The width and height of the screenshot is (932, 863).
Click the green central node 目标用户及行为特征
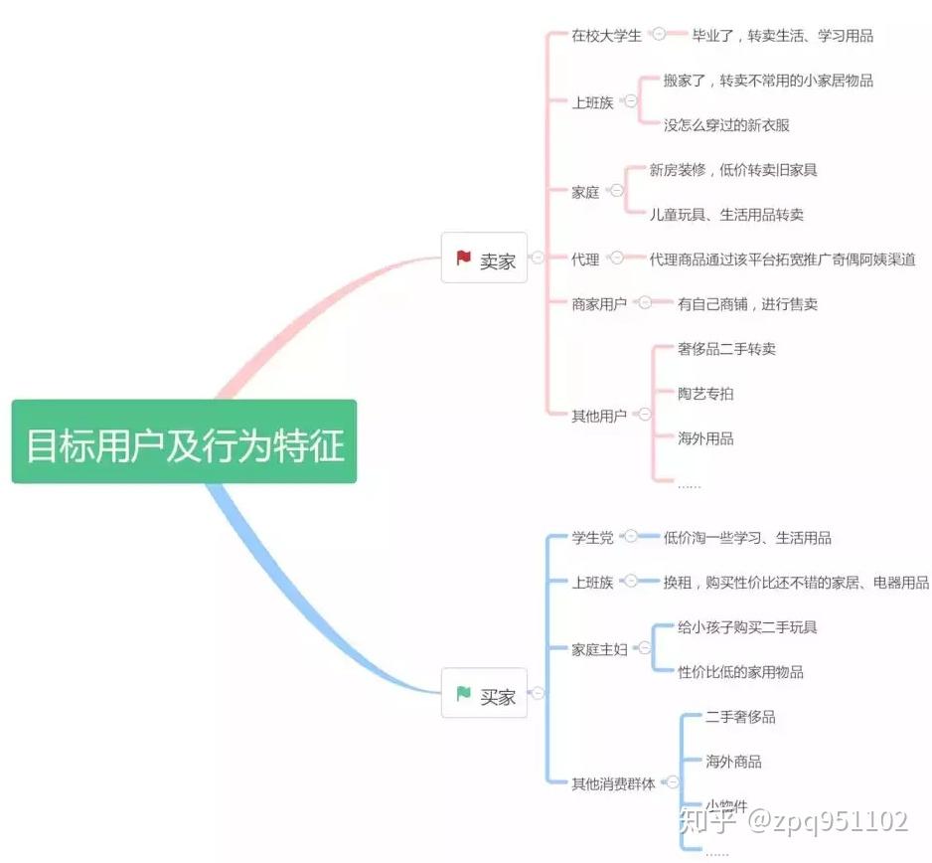pyautogui.click(x=184, y=441)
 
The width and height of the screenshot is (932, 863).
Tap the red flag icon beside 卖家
pyautogui.click(x=463, y=259)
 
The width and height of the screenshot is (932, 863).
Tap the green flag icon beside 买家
pyautogui.click(x=463, y=694)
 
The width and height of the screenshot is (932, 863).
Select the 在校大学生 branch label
pyautogui.click(x=606, y=36)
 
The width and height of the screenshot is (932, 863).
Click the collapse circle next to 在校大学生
pyautogui.click(x=659, y=34)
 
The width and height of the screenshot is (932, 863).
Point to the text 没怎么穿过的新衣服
pyautogui.click(x=726, y=125)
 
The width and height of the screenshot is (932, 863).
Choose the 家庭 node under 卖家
pyautogui.click(x=585, y=192)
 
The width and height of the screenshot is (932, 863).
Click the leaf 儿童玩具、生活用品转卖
pyautogui.click(x=726, y=214)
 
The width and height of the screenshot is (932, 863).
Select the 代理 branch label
pyautogui.click(x=585, y=259)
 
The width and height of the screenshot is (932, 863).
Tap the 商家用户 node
pyautogui.click(x=599, y=304)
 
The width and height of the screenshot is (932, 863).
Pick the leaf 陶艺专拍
pyautogui.click(x=705, y=393)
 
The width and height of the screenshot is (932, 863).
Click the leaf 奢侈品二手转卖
pyautogui.click(x=726, y=349)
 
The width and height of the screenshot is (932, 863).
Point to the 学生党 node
pyautogui.click(x=592, y=538)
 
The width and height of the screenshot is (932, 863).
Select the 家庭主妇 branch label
pyautogui.click(x=599, y=649)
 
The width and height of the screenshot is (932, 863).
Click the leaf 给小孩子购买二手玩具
pyautogui.click(x=747, y=627)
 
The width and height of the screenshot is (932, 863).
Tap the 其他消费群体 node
pyautogui.click(x=613, y=783)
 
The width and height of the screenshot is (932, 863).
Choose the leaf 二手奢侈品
pyautogui.click(x=740, y=717)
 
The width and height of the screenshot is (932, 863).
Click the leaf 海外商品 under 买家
pyautogui.click(x=733, y=762)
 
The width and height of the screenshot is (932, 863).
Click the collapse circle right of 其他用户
pyautogui.click(x=645, y=414)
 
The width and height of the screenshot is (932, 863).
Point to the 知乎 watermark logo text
pyautogui.click(x=707, y=821)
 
